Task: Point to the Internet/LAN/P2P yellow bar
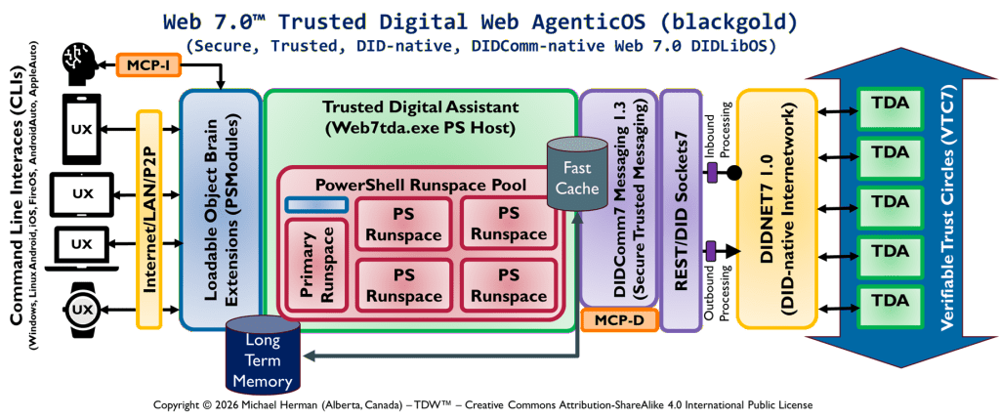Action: [x=149, y=218]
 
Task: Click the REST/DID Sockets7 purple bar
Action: [x=681, y=209]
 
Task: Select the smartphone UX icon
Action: [x=82, y=128]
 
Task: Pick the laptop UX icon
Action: [x=82, y=244]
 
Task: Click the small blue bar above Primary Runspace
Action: [x=316, y=205]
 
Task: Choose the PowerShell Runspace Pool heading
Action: [x=421, y=184]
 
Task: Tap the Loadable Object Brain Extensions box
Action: [x=221, y=209]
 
